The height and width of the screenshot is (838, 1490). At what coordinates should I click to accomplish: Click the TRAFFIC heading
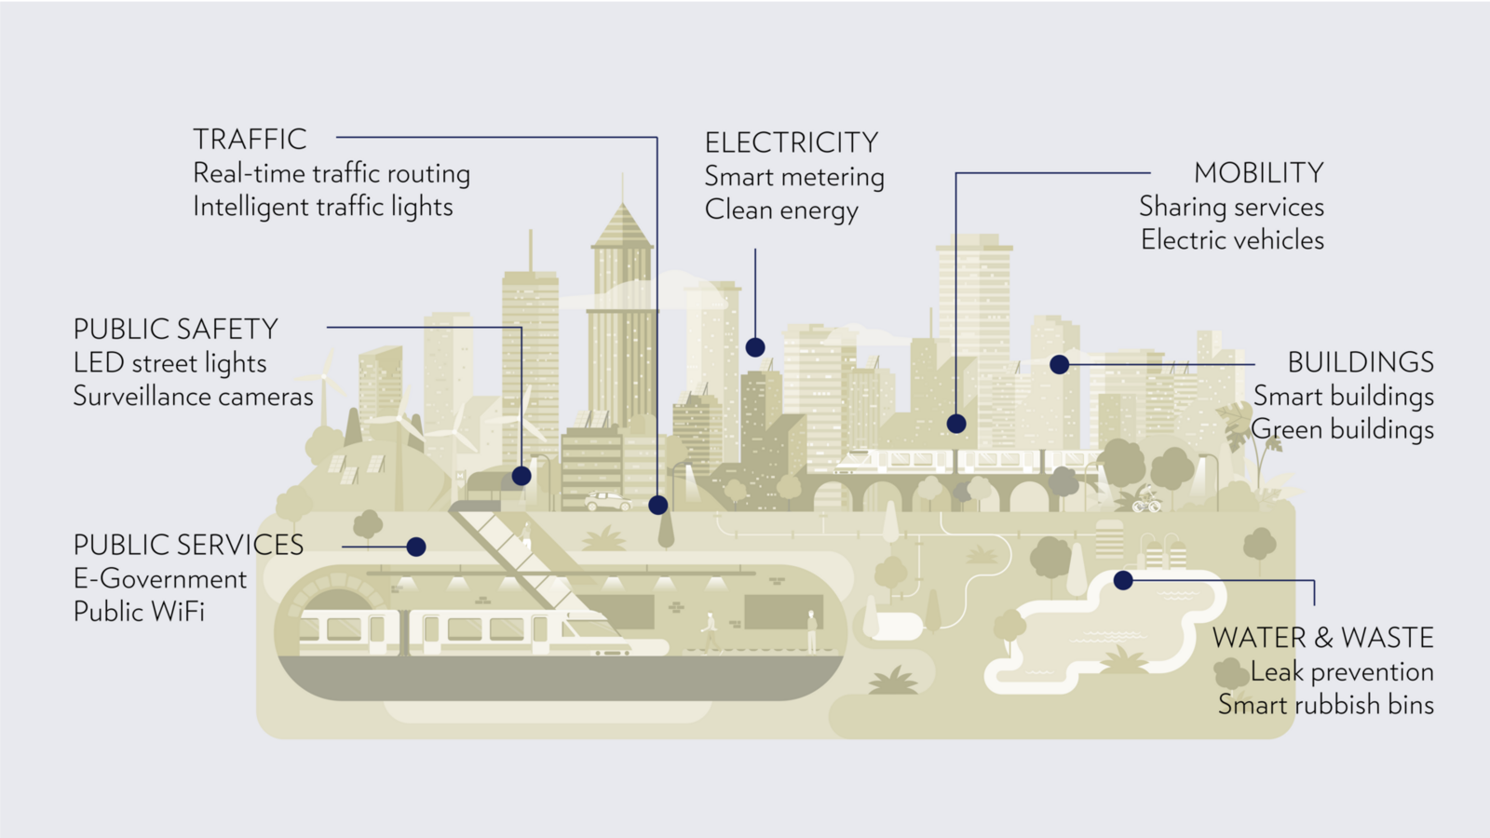point(250,140)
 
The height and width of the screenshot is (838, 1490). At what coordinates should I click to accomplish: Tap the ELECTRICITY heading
point(792,142)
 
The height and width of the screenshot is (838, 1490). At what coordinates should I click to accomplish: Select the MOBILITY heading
point(1258,173)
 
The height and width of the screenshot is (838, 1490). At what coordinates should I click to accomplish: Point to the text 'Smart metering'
point(794,177)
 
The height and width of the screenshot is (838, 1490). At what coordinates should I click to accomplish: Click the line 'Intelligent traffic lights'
point(322,207)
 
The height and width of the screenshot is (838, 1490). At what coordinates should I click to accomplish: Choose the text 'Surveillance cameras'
point(193,397)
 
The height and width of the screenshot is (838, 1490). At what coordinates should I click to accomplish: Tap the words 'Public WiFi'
point(139,612)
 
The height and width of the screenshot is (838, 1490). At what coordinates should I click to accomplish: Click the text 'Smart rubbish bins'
point(1325,705)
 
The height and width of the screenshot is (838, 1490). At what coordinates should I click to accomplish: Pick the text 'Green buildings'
point(1342,429)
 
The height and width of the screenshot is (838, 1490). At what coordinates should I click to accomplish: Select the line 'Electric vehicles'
point(1232,240)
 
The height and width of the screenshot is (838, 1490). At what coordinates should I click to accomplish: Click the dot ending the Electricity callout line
point(755,347)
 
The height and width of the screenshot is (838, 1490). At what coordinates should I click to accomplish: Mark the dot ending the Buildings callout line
point(1059,364)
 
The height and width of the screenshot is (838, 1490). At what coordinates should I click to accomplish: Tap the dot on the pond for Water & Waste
point(1123,580)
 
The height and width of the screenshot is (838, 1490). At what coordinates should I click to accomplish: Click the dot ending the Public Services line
point(416,547)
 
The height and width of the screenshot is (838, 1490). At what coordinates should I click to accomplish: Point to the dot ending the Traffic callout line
point(658,506)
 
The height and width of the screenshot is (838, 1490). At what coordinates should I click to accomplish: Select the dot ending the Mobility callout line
point(956,424)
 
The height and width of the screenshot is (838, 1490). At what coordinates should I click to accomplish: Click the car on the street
point(607,502)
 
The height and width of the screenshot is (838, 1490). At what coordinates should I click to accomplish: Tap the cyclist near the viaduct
point(1146,500)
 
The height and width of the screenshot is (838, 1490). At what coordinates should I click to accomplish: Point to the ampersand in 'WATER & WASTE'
point(1323,639)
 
